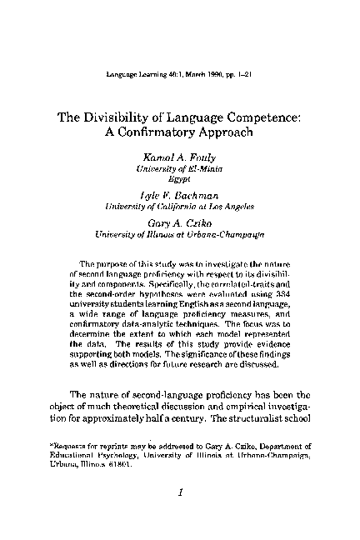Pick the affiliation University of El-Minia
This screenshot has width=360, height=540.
[x=180, y=168]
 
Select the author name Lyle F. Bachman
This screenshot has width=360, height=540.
[x=180, y=194]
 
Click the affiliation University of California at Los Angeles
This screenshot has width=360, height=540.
[x=180, y=205]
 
